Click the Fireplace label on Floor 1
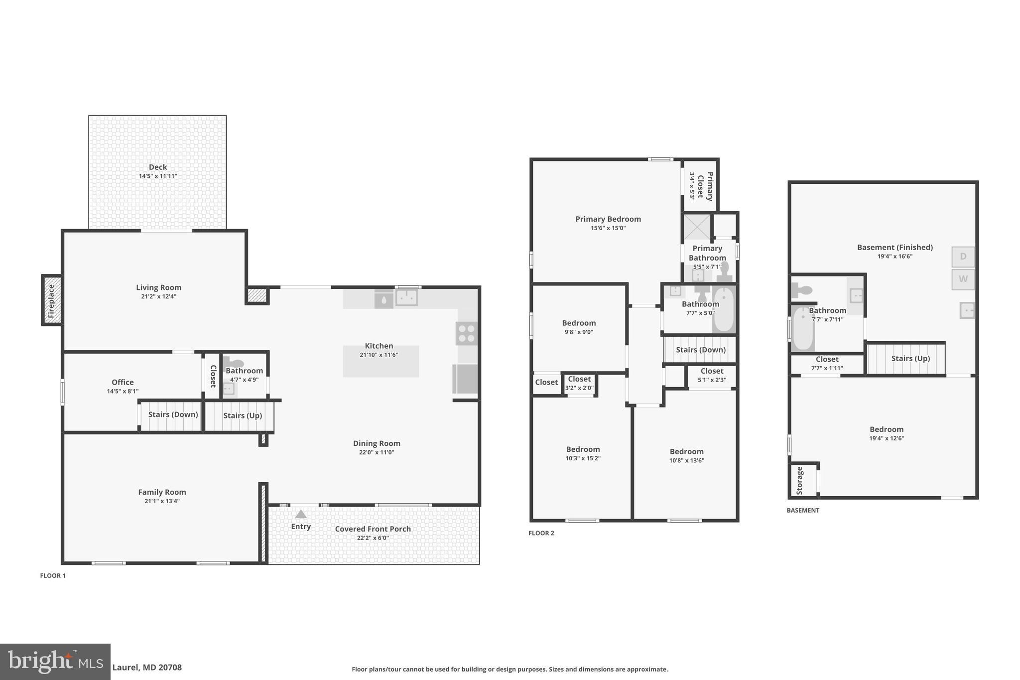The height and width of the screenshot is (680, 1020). tap(51, 300)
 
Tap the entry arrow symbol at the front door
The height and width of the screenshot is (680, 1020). tap(301, 514)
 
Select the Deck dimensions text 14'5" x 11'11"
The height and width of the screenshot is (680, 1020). tap(158, 176)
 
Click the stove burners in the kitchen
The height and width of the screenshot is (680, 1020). tap(466, 333)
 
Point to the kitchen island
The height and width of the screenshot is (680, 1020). tap(381, 361)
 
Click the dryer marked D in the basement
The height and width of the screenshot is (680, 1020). tap(963, 257)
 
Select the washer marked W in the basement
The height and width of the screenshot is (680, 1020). tap(963, 279)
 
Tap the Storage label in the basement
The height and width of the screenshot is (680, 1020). tap(800, 480)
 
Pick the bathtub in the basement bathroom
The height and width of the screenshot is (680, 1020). tap(802, 329)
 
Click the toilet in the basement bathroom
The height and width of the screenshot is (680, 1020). tap(802, 289)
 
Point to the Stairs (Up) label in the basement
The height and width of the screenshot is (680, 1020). tap(910, 358)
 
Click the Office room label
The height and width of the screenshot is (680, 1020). tap(123, 382)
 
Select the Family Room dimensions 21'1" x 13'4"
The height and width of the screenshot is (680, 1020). tap(162, 501)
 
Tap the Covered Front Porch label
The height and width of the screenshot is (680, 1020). tap(373, 529)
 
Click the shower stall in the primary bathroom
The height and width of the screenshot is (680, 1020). tap(696, 227)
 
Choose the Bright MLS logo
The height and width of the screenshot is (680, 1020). tap(55, 662)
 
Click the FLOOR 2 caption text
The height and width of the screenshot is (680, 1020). tap(541, 533)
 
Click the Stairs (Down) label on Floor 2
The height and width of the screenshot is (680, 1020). tap(700, 350)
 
